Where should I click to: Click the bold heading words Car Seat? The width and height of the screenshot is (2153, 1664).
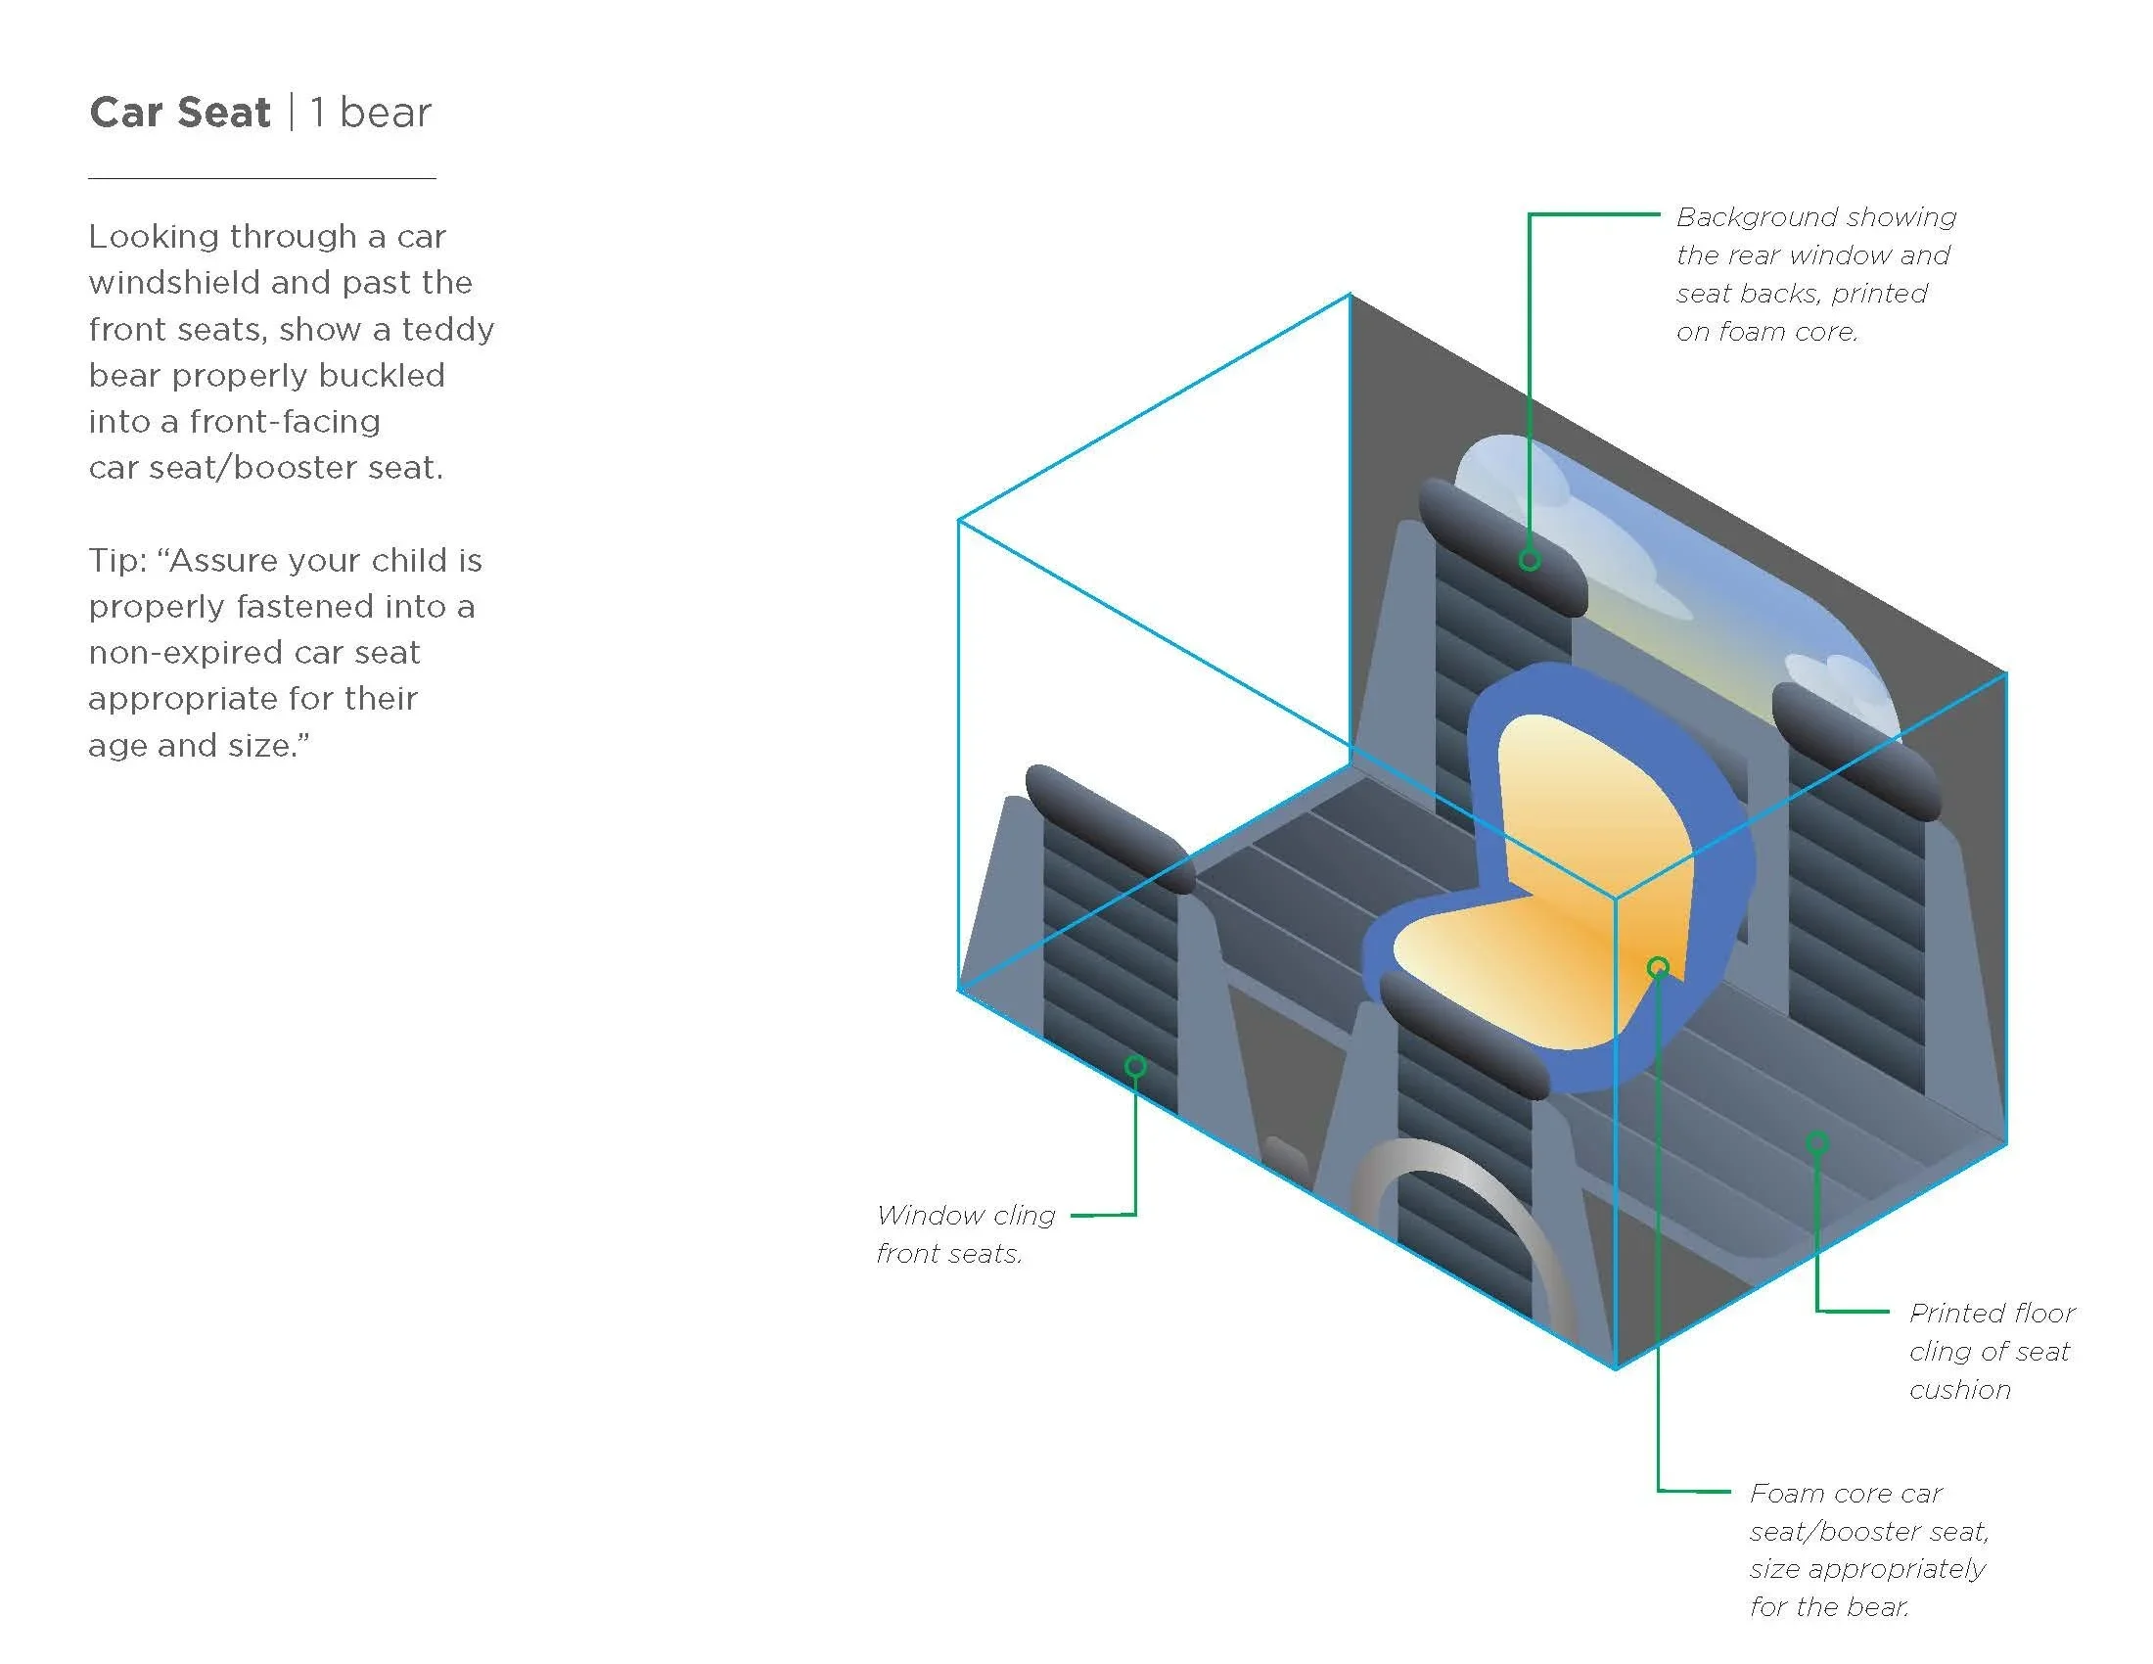tap(179, 113)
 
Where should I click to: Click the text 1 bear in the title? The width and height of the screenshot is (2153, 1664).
tap(371, 113)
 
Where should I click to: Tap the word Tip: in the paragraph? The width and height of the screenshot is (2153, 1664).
tap(118, 560)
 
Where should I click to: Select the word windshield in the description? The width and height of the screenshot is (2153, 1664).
tap(173, 283)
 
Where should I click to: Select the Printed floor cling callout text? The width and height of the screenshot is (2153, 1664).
tap(1991, 1351)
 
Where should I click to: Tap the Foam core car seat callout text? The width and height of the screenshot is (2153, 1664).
tap(1867, 1550)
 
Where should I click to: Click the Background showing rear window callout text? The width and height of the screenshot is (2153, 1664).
tap(1814, 274)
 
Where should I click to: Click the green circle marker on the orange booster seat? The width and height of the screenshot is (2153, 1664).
tap(1658, 967)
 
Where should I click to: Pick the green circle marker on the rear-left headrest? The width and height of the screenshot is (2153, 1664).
tap(1529, 560)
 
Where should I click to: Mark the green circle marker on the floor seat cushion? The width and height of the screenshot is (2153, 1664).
tap(1817, 1142)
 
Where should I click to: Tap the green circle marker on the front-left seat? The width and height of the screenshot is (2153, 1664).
tap(1134, 1067)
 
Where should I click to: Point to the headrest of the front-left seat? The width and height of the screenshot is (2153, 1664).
tap(1109, 828)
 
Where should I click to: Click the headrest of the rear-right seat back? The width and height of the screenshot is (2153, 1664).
tap(1854, 749)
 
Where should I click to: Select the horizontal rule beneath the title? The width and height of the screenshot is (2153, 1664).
tap(261, 178)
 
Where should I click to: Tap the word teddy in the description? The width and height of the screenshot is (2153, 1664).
tap(447, 329)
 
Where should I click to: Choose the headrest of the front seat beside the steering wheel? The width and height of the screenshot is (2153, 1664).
tap(1464, 1035)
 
